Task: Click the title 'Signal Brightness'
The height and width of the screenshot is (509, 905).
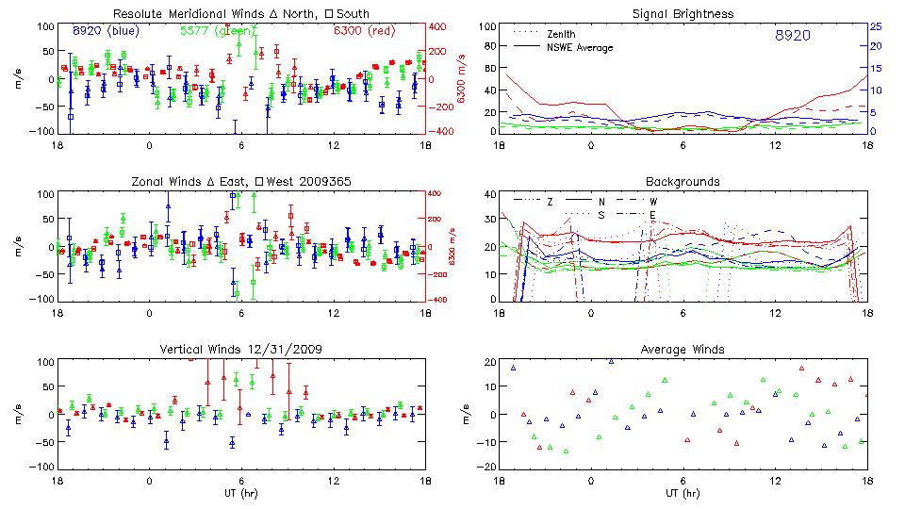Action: click(683, 14)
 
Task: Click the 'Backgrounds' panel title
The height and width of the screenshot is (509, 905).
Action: click(683, 181)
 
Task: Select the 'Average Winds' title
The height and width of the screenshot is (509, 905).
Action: click(683, 350)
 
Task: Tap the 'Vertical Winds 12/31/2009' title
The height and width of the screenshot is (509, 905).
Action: click(241, 350)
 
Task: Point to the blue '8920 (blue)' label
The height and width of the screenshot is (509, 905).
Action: click(104, 30)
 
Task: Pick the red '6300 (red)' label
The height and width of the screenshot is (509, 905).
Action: click(364, 30)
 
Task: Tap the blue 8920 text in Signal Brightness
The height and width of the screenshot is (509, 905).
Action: click(792, 35)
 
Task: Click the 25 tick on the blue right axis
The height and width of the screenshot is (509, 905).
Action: click(876, 26)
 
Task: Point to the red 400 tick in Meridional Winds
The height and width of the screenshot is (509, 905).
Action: click(440, 26)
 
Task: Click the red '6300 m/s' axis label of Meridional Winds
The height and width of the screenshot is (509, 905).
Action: click(462, 78)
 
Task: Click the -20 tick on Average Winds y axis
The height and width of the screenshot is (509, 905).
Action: click(486, 468)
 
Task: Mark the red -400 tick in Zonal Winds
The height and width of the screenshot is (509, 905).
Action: click(440, 300)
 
